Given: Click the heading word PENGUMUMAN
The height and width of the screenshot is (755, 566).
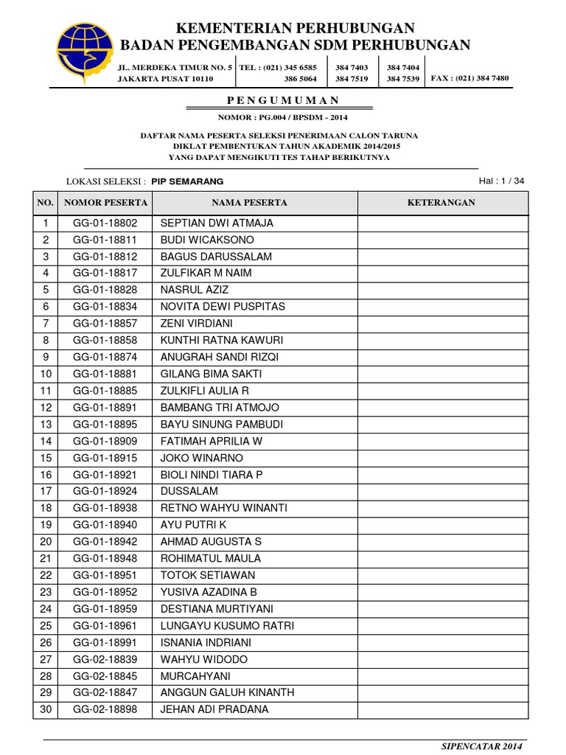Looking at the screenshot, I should [283, 101].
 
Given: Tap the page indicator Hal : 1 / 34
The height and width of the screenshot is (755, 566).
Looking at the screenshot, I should [502, 181].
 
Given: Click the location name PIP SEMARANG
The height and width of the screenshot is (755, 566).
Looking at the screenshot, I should [187, 181].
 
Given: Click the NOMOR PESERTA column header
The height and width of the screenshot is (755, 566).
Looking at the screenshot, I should [105, 203].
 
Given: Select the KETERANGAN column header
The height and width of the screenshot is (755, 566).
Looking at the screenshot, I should [442, 203].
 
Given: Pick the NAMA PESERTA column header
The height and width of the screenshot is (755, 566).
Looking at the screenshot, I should [250, 203].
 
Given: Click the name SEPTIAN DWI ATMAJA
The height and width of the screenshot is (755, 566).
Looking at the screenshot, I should [217, 223].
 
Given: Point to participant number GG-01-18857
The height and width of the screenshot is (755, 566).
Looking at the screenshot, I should [105, 324].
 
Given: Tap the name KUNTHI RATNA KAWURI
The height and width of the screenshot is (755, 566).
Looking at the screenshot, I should [222, 341].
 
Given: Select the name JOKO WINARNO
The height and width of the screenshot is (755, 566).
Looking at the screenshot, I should [201, 458].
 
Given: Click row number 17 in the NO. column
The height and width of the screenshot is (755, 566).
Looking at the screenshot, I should [46, 491].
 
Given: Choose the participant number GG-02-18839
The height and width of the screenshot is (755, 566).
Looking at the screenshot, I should [105, 659].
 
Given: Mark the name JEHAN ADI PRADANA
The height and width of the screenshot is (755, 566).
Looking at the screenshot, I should [214, 709].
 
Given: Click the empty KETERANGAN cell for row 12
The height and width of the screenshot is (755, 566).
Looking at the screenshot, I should [442, 408].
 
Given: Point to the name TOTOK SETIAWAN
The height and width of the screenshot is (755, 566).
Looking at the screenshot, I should [208, 575].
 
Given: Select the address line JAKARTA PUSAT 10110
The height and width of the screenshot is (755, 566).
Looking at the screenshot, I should [166, 78].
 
